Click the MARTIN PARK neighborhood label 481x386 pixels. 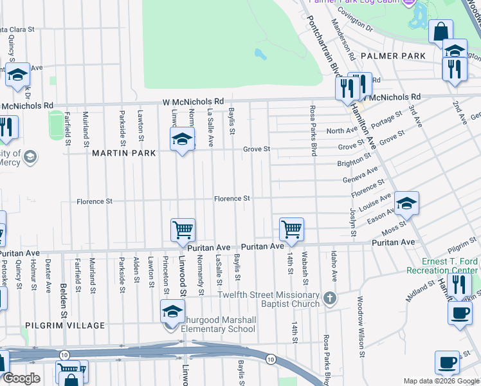pyautogui.click(x=124, y=153)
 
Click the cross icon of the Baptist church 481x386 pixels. pyautogui.click(x=330, y=299)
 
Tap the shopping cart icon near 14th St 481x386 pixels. pyautogui.click(x=292, y=230)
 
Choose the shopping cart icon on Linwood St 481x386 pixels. pyautogui.click(x=183, y=230)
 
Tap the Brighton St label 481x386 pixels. pyautogui.click(x=354, y=163)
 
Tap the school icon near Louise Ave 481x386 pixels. pyautogui.click(x=406, y=204)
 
